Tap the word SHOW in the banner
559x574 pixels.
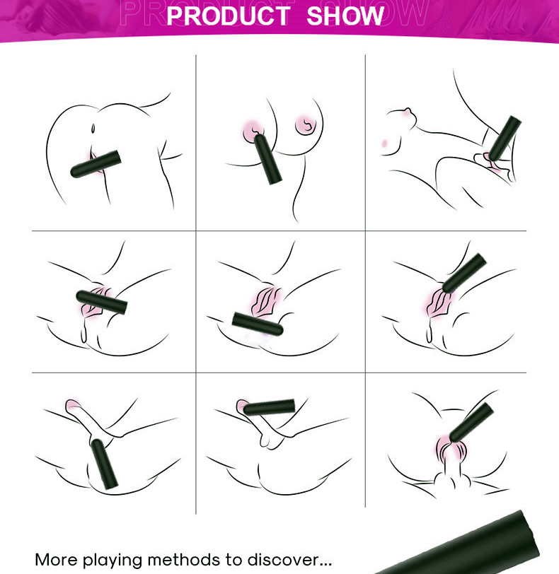[x=345, y=16]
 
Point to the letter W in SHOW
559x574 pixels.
[x=374, y=16]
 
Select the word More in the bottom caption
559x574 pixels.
[x=57, y=560]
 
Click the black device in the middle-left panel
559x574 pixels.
[x=100, y=300]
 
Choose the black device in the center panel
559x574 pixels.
[x=258, y=324]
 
